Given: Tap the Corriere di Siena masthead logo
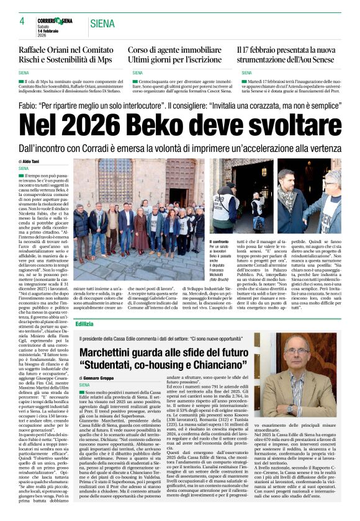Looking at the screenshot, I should [55, 20].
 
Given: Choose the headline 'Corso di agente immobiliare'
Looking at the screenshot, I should [176, 49].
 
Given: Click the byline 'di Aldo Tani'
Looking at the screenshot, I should [31, 161].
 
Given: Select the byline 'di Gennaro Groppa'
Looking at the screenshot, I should [101, 377].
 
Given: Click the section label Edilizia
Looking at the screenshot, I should [84, 324].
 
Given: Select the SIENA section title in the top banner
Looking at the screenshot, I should [102, 24].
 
